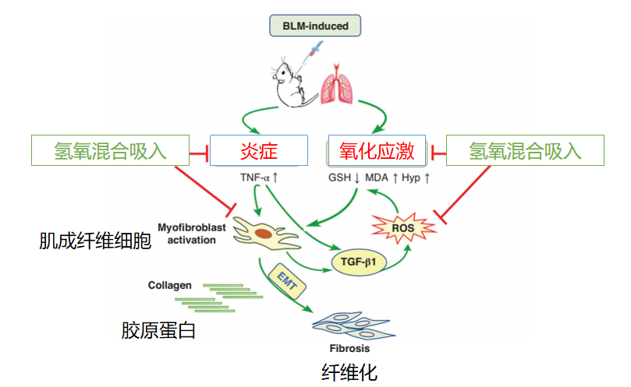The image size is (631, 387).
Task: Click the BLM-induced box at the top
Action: (x=315, y=26)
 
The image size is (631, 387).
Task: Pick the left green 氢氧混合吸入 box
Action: (x=110, y=150)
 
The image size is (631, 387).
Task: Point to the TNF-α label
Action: (x=260, y=178)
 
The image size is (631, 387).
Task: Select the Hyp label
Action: (x=415, y=178)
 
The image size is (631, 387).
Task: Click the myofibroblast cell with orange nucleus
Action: (x=264, y=234)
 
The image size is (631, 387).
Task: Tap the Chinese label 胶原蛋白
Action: (x=158, y=331)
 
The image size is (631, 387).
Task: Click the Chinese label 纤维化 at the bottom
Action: (x=349, y=372)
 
